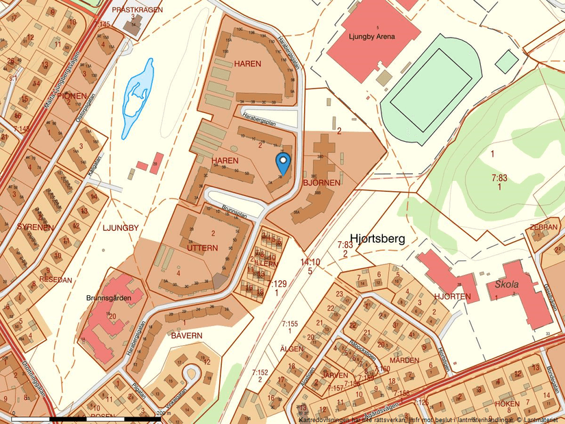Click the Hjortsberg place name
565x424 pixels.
click(x=377, y=238)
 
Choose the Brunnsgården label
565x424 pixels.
click(x=105, y=299)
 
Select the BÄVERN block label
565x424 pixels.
click(x=186, y=335)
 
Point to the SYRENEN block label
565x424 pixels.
click(x=36, y=227)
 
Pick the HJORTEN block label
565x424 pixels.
click(x=452, y=296)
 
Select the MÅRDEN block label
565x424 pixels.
click(x=404, y=360)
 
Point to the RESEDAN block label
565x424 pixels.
click(x=55, y=281)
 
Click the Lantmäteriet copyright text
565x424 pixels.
click(x=538, y=419)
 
